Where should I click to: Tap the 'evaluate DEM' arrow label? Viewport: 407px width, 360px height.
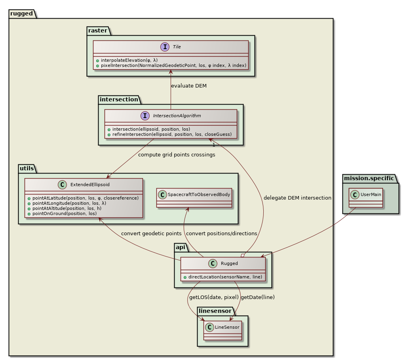pos(188,86)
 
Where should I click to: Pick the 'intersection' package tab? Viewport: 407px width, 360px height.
pos(118,99)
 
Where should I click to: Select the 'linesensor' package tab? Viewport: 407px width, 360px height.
pos(215,311)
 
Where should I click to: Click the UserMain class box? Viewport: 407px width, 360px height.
pos(366,198)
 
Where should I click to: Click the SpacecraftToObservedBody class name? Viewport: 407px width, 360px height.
pos(198,194)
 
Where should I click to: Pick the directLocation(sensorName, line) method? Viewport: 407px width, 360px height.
pos(225,276)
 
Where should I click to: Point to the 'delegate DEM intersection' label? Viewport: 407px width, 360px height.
pos(297,198)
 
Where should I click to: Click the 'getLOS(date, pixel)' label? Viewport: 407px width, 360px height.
pos(213,297)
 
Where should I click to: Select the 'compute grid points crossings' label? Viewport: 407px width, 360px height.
pos(177,155)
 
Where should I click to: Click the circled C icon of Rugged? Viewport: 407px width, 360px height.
pos(212,263)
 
